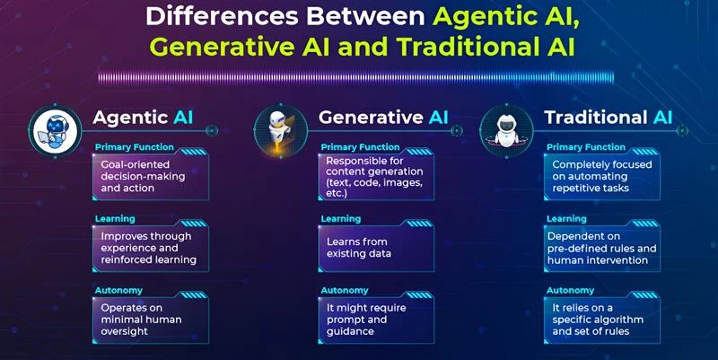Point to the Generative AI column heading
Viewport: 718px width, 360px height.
383,118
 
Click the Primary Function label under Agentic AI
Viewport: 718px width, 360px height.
126,147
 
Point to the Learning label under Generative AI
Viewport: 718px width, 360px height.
340,219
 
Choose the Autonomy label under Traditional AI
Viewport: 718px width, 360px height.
570,290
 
